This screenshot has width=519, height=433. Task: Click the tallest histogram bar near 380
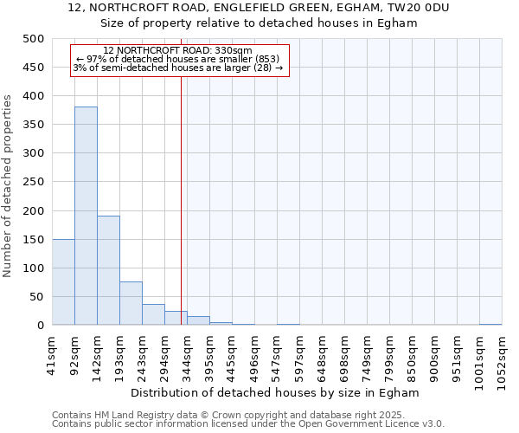pyautogui.click(x=86, y=216)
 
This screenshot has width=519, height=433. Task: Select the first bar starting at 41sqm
pyautogui.click(x=63, y=282)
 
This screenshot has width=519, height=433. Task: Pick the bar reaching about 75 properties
pyautogui.click(x=131, y=303)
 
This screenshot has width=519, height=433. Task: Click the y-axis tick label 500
pyautogui.click(x=34, y=39)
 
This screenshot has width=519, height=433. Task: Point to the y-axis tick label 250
pyautogui.click(x=34, y=182)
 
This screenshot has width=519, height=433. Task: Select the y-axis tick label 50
pyautogui.click(x=37, y=296)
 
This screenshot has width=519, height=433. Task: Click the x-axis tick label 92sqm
pyautogui.click(x=74, y=355)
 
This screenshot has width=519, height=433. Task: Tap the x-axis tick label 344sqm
pyautogui.click(x=187, y=355)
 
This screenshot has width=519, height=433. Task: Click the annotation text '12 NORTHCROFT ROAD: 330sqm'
pyautogui.click(x=177, y=50)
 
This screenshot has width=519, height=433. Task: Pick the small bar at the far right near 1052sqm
pyautogui.click(x=490, y=324)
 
